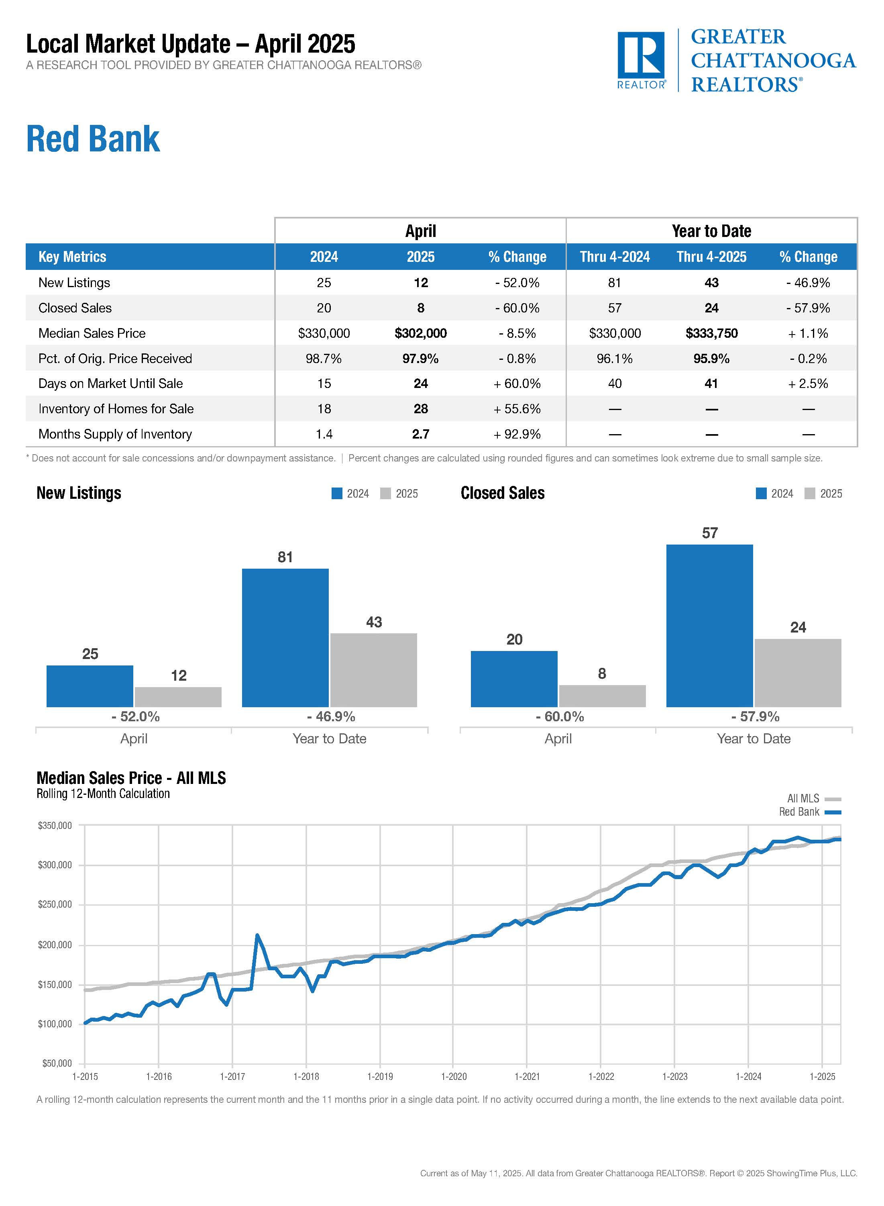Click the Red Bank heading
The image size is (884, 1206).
(x=93, y=139)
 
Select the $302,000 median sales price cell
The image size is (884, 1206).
(x=421, y=333)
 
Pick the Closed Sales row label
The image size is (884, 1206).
(x=75, y=308)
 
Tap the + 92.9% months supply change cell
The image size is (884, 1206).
(x=517, y=434)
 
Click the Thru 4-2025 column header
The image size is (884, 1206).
(x=711, y=257)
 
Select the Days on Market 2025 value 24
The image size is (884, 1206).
(x=421, y=383)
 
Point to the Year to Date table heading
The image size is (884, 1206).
(x=711, y=231)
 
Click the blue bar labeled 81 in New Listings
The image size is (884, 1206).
(x=285, y=637)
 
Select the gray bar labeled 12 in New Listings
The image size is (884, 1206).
(x=178, y=697)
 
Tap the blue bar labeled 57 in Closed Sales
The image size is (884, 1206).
(x=709, y=625)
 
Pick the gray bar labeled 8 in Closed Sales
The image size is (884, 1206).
(x=602, y=696)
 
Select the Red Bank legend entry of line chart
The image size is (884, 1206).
(x=809, y=812)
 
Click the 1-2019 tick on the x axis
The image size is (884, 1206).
(x=380, y=1076)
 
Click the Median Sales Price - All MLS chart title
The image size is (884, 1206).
(x=131, y=778)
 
